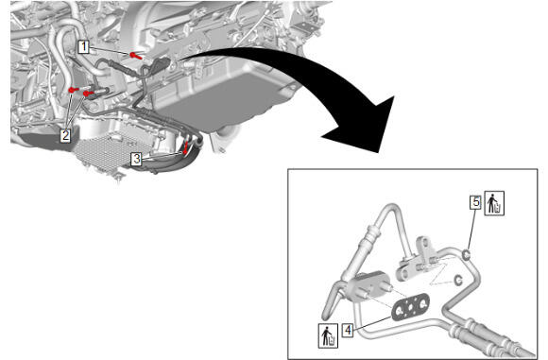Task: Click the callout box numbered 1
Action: (83, 46)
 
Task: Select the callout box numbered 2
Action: (65, 135)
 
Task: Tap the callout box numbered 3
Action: (136, 159)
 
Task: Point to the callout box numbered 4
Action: (348, 330)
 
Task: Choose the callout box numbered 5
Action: (475, 202)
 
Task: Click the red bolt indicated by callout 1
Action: (136, 55)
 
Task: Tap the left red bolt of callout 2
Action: (74, 90)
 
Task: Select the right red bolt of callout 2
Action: (89, 94)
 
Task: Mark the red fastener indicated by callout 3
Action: (185, 148)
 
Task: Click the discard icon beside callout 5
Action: (494, 203)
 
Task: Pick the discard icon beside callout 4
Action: (328, 335)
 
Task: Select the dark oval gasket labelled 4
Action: (410, 306)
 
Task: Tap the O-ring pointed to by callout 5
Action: (467, 255)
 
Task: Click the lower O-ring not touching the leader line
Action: (458, 281)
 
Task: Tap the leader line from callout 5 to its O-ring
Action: (471, 230)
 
